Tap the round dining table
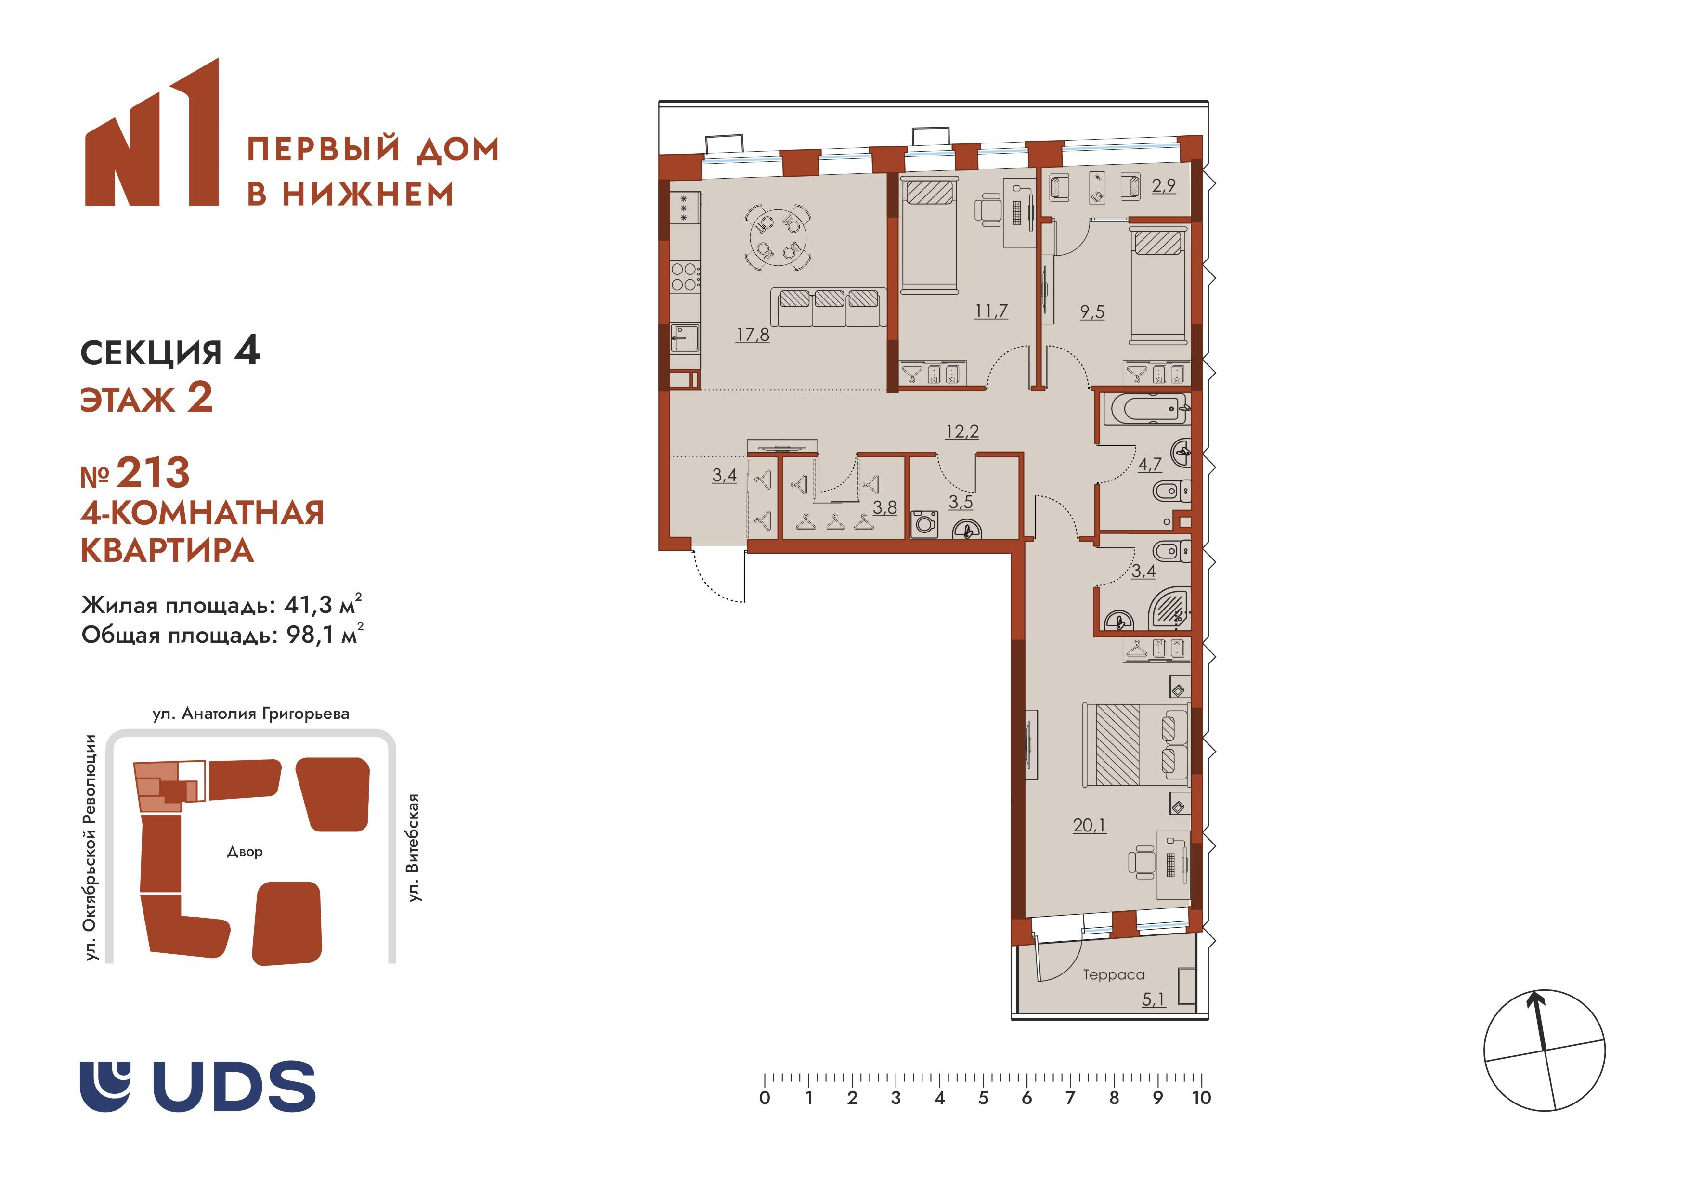tap(778, 237)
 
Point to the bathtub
tap(1144, 410)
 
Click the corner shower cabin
tap(1169, 609)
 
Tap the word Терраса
tap(1113, 975)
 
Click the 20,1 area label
tap(1089, 825)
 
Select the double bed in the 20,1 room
tap(1136, 744)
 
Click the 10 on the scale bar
tap(1201, 1098)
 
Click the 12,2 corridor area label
tap(962, 431)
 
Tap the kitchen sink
tap(685, 339)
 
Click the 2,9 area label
tap(1164, 185)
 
